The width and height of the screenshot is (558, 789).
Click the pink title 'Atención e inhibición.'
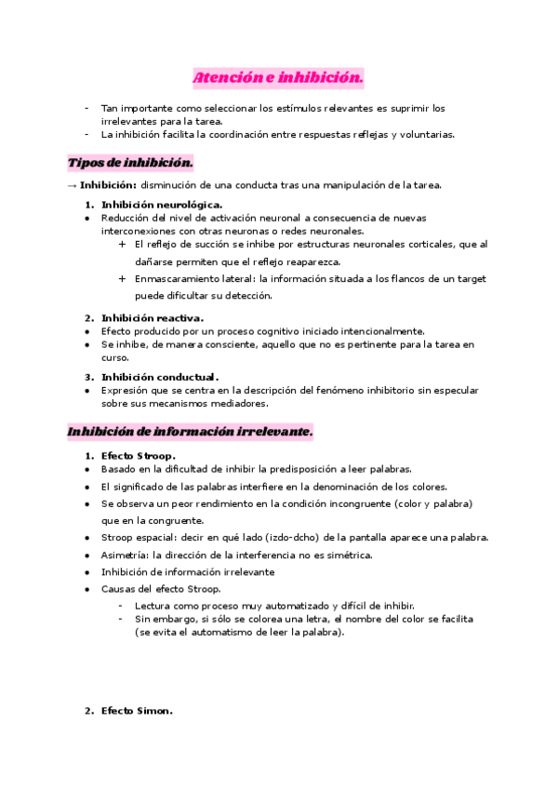(x=278, y=77)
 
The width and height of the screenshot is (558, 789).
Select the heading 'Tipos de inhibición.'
(x=130, y=163)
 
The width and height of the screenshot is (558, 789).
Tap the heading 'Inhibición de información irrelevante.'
(x=190, y=432)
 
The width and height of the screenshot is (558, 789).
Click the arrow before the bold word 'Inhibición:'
(x=72, y=185)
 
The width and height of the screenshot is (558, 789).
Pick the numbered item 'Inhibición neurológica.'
(x=162, y=204)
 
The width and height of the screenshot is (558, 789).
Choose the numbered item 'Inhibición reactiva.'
(x=153, y=318)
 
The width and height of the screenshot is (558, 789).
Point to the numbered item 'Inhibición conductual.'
(x=160, y=377)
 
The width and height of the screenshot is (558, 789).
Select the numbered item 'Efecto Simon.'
(x=137, y=712)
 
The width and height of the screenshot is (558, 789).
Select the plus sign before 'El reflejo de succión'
(x=123, y=245)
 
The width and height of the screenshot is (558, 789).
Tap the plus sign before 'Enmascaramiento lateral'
(x=123, y=278)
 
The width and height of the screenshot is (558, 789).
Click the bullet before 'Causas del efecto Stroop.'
(x=87, y=589)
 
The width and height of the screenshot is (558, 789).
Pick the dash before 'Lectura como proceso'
(x=121, y=606)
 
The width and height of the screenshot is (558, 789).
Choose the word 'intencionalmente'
(x=383, y=331)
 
